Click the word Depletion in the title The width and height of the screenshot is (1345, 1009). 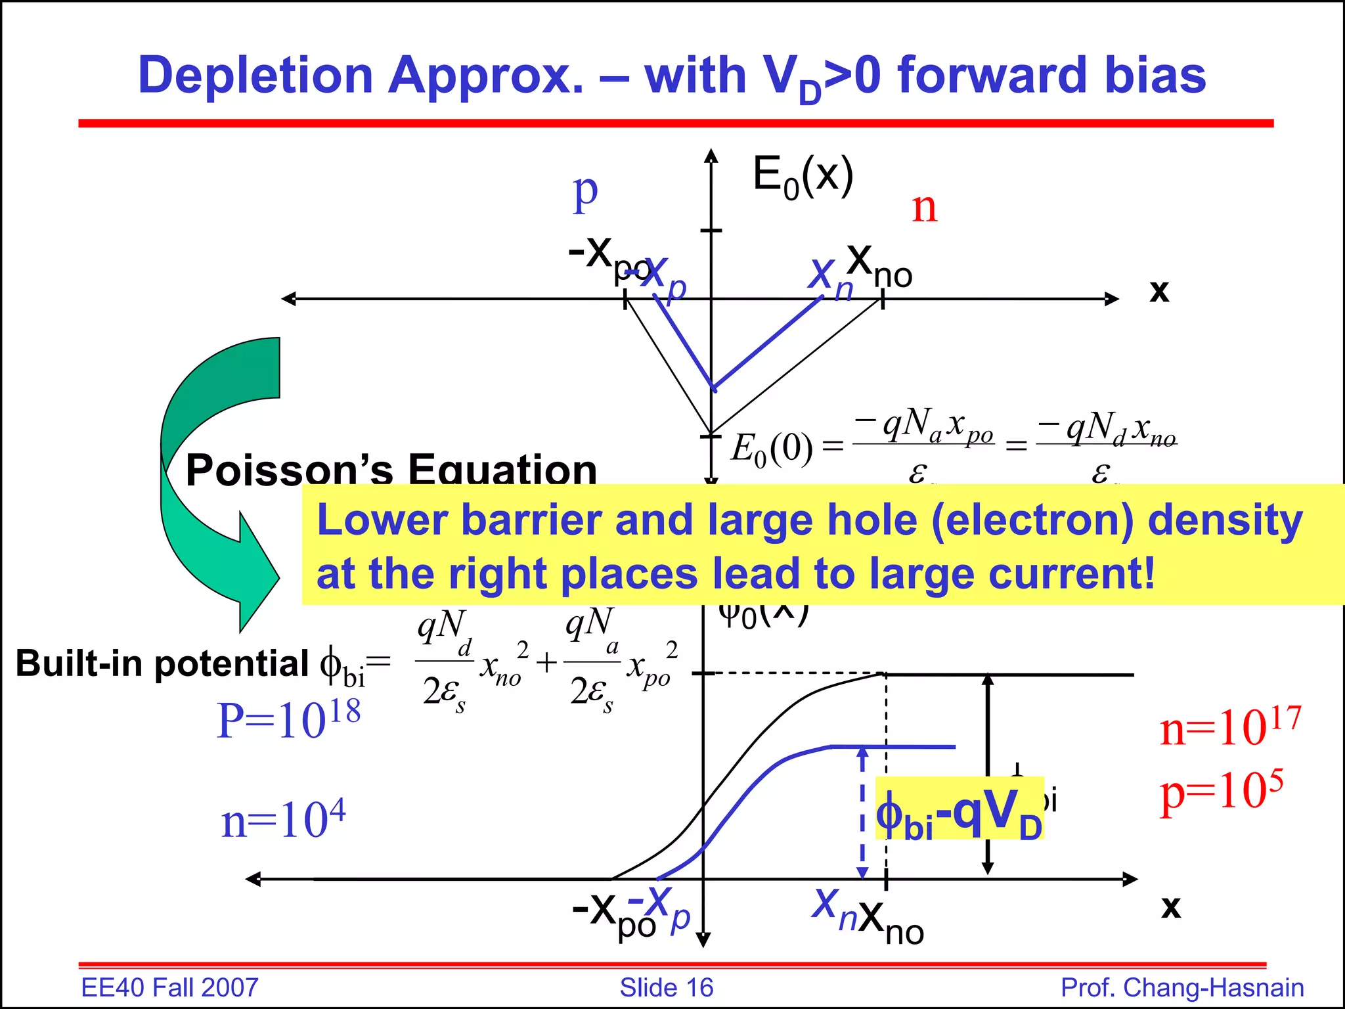click(x=255, y=76)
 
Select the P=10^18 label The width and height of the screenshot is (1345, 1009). click(x=288, y=719)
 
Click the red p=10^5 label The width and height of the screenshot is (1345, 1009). click(x=1222, y=792)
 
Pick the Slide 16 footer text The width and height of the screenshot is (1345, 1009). click(x=666, y=987)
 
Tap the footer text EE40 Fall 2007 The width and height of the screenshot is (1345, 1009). click(x=169, y=987)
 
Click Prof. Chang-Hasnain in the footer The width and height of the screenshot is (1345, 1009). click(x=1182, y=987)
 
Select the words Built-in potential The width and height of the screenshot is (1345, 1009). click(x=162, y=663)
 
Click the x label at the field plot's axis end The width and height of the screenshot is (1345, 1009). click(x=1159, y=290)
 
